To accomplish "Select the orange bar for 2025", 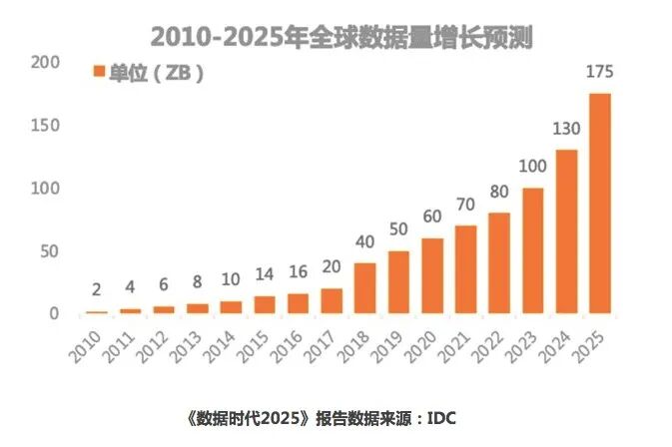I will (x=599, y=204).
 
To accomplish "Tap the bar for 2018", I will (x=364, y=288).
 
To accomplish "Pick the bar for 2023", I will (x=532, y=250).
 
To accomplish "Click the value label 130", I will (x=565, y=129).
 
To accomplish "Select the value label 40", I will (x=364, y=241).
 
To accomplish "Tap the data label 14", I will (x=264, y=274).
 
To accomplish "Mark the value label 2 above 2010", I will (x=96, y=290).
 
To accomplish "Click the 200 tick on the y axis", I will (x=46, y=63).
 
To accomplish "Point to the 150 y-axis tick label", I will (x=46, y=126).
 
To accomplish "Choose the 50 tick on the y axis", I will (x=50, y=250).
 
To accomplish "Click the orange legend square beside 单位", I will (x=99, y=72).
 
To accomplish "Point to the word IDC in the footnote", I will (x=441, y=417).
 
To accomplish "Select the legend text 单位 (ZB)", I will (x=156, y=73).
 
